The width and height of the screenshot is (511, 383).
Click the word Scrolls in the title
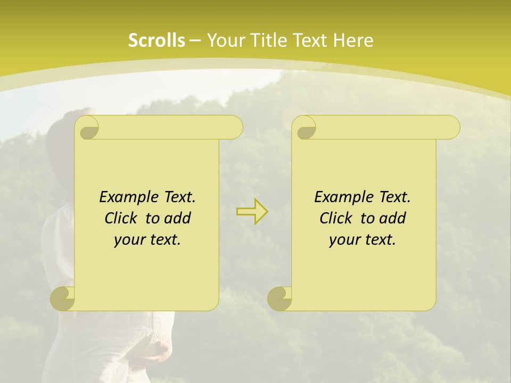coord(157,40)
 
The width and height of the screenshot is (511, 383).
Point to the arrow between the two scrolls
coord(252,212)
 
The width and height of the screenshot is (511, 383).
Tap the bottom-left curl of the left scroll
coord(63,298)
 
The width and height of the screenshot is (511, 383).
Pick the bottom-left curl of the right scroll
coord(280,298)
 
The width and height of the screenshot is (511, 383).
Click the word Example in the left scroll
coord(128,197)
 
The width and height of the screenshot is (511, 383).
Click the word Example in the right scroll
coord(343,197)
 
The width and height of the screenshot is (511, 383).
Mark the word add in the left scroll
coord(178,218)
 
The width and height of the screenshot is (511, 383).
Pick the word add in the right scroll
coord(393,218)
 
